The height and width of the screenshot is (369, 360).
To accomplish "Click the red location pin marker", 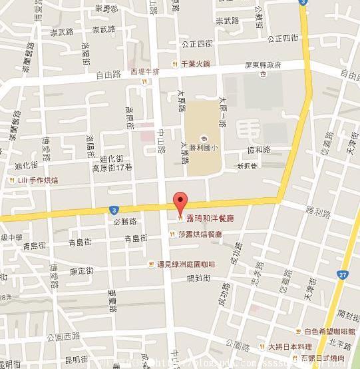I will click(x=178, y=202).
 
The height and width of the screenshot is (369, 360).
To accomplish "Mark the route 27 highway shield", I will click(x=341, y=274).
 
